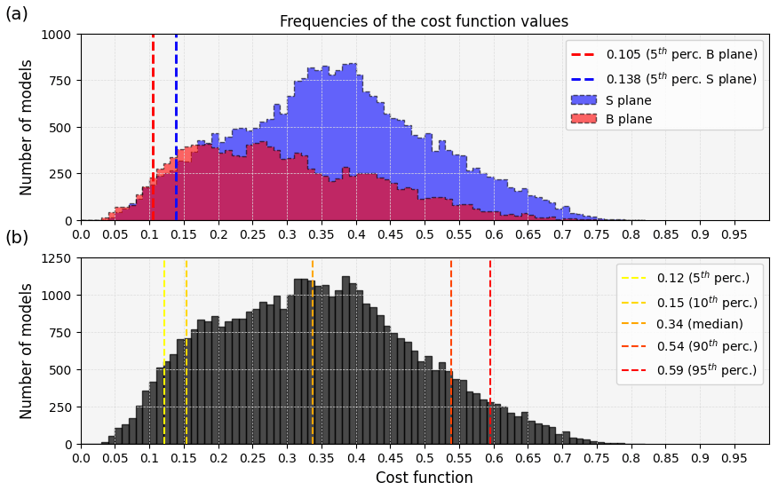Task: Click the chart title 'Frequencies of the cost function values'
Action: coord(424,21)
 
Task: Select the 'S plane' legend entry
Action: coord(629,100)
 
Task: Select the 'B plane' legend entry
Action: coord(629,119)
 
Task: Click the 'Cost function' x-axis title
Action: coord(424,478)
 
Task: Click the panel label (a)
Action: coord(17,13)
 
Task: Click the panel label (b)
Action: coord(17,238)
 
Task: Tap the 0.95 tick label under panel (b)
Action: coord(734,458)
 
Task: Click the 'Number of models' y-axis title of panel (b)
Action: coord(27,351)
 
